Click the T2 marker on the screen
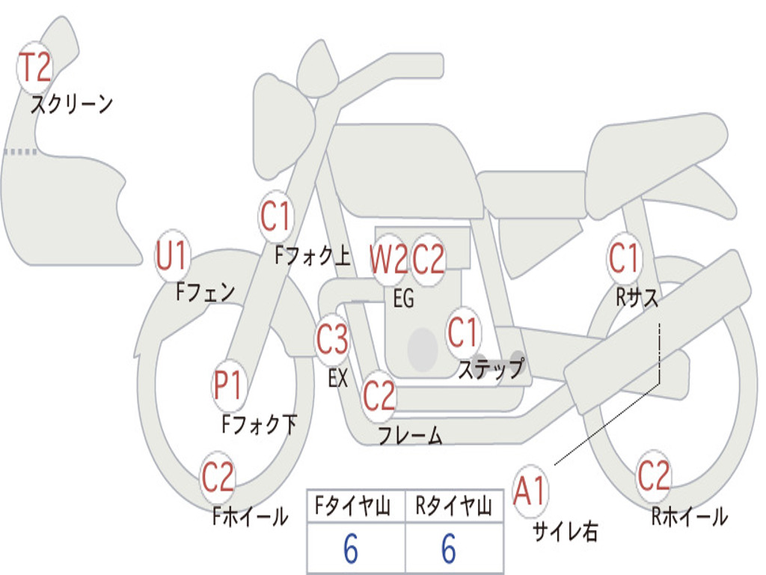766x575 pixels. (34, 67)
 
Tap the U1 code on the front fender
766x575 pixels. (171, 255)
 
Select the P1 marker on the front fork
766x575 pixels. (228, 386)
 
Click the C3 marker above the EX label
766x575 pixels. (332, 339)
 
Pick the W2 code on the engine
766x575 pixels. (389, 259)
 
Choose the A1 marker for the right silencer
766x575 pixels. (530, 490)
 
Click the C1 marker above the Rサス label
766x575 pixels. (624, 258)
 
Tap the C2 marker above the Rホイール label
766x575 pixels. (654, 476)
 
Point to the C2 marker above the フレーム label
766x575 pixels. (379, 395)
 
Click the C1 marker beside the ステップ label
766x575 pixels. (462, 332)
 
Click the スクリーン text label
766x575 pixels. (72, 104)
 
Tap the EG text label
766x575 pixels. (403, 298)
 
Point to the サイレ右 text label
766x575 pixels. (566, 531)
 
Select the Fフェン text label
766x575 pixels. (205, 292)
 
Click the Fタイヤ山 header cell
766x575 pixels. (356, 506)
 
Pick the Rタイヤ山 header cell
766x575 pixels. (454, 506)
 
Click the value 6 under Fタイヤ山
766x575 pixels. (351, 549)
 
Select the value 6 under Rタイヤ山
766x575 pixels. (449, 549)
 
